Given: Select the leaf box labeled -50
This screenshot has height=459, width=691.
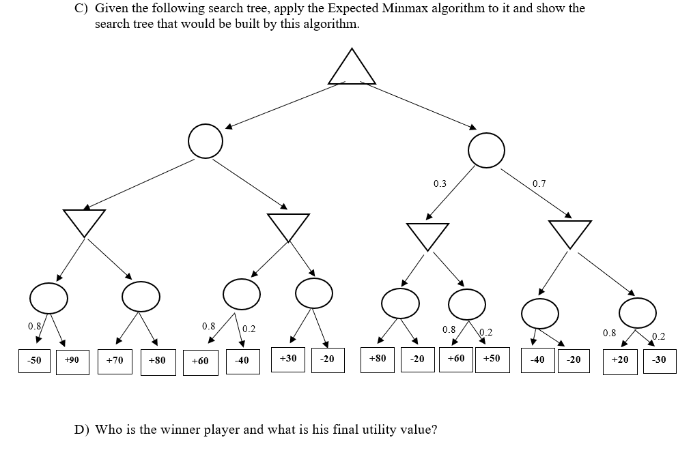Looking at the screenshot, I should (x=34, y=360).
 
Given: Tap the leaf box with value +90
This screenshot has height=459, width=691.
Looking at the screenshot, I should (x=72, y=360).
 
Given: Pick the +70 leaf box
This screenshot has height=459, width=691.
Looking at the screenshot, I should (x=115, y=360).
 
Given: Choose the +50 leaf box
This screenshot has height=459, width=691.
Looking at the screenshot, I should (x=492, y=358).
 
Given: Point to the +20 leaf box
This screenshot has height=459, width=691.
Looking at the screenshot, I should (x=620, y=360).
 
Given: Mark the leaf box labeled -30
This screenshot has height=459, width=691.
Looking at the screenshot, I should (x=660, y=360).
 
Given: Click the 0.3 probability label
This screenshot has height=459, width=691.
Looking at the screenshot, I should (x=440, y=183).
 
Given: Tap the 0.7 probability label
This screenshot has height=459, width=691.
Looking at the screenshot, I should (x=539, y=183).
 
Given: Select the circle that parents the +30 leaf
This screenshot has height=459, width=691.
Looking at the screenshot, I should (x=314, y=293).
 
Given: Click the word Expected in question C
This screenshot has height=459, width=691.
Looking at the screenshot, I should (x=331, y=9).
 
